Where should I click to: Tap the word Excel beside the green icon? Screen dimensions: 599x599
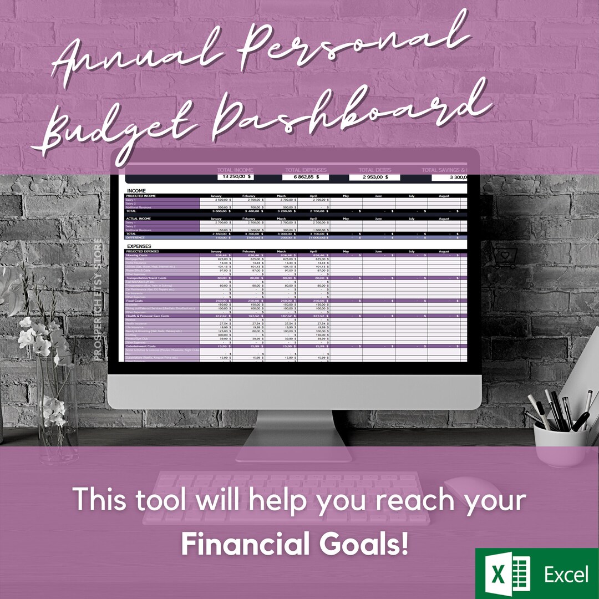point(566,575)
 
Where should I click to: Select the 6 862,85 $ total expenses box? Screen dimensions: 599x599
point(305,177)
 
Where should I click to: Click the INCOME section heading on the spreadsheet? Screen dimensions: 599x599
point(137,190)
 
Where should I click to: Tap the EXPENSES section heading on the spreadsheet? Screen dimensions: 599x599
point(139,246)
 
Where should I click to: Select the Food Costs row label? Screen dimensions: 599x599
point(136,301)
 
